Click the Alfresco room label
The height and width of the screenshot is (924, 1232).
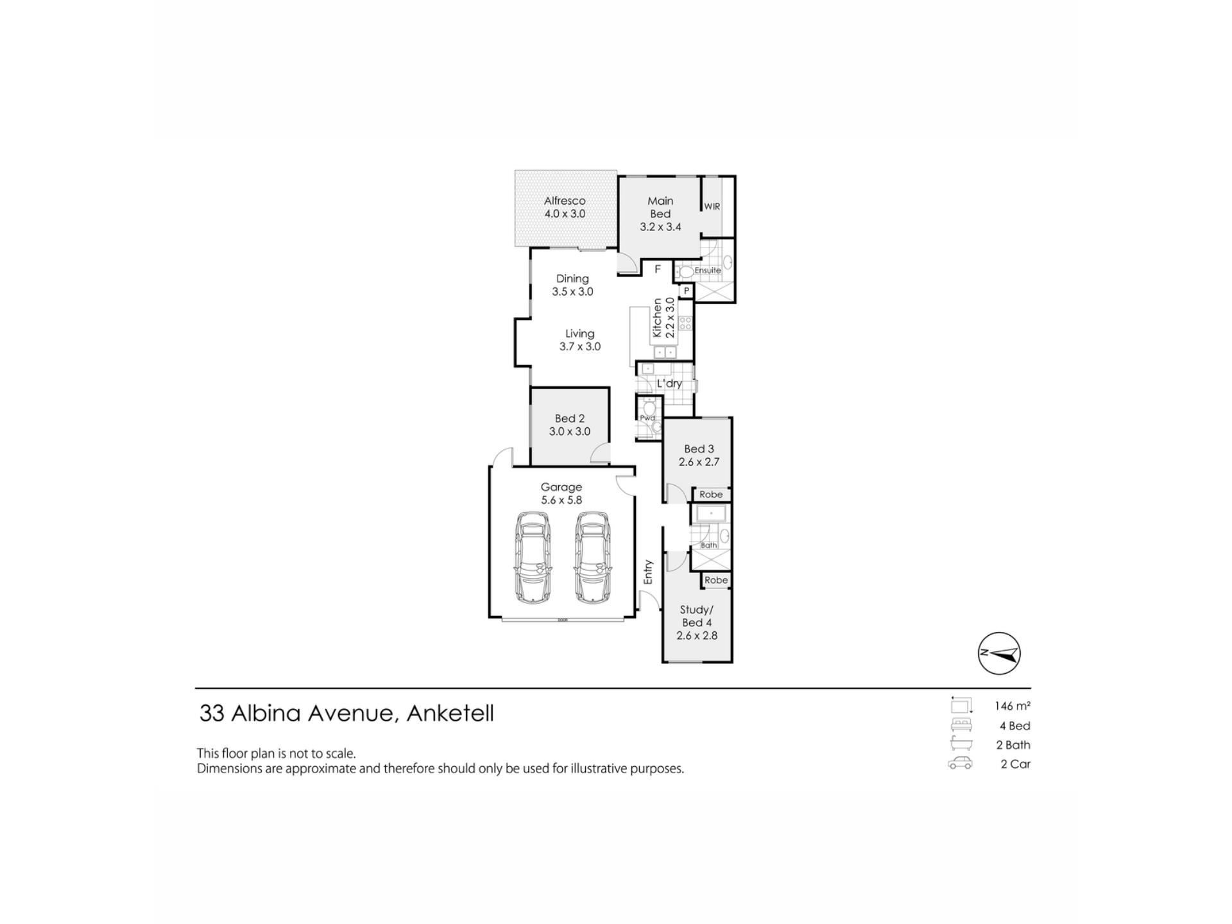pyautogui.click(x=565, y=201)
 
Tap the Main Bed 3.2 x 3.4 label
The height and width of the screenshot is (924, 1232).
pyautogui.click(x=660, y=214)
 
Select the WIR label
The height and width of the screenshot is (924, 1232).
pyautogui.click(x=712, y=207)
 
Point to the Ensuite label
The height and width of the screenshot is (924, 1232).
pyautogui.click(x=708, y=270)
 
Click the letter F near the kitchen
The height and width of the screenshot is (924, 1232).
pyautogui.click(x=657, y=269)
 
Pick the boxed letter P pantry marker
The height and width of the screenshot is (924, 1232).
pyautogui.click(x=687, y=291)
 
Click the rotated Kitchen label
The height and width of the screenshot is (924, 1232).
pyautogui.click(x=657, y=318)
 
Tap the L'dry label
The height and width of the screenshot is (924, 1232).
pyautogui.click(x=669, y=383)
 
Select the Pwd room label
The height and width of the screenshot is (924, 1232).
pyautogui.click(x=647, y=418)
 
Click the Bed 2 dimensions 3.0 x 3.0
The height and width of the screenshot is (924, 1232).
pyautogui.click(x=570, y=432)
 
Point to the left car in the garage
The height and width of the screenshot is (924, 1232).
pyautogui.click(x=533, y=557)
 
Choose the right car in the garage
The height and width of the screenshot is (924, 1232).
pyautogui.click(x=592, y=557)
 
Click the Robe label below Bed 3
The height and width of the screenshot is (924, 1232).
pyautogui.click(x=711, y=494)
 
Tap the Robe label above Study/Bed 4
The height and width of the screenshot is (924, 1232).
pyautogui.click(x=716, y=580)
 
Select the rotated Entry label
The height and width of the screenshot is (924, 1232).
pyautogui.click(x=648, y=572)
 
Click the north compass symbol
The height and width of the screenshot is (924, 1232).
pyautogui.click(x=999, y=653)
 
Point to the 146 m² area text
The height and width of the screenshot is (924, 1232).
pyautogui.click(x=1013, y=706)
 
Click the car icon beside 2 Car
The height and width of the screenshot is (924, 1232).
pyautogui.click(x=960, y=764)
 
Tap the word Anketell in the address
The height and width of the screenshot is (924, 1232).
pyautogui.click(x=450, y=714)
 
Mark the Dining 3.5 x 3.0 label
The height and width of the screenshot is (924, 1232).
pyautogui.click(x=572, y=285)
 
